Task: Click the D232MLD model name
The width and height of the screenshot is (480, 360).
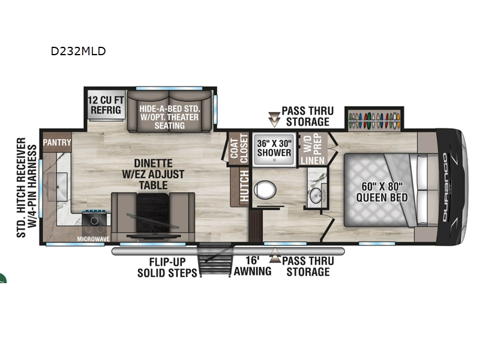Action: pyautogui.click(x=79, y=51)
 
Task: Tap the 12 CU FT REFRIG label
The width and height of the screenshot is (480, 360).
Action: pyautogui.click(x=106, y=104)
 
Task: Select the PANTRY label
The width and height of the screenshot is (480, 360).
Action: pyautogui.click(x=57, y=142)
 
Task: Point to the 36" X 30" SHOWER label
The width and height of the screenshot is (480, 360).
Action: pyautogui.click(x=274, y=148)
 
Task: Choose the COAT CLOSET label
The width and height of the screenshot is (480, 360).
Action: pyautogui.click(x=239, y=149)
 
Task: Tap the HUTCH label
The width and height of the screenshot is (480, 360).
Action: pyautogui.click(x=244, y=186)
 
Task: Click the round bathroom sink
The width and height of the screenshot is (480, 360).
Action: pyautogui.click(x=316, y=196)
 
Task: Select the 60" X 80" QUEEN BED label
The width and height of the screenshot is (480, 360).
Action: pyautogui.click(x=382, y=191)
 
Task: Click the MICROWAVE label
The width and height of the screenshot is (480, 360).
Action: pyautogui.click(x=94, y=239)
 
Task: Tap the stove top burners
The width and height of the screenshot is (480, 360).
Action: pyautogui.click(x=94, y=225)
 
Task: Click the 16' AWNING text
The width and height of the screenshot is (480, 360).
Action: pyautogui.click(x=253, y=266)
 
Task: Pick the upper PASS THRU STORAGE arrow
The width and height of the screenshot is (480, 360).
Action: pyautogui.click(x=274, y=119)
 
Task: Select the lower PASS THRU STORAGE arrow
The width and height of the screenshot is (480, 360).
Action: pyautogui.click(x=275, y=255)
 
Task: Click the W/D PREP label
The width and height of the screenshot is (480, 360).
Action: pyautogui.click(x=313, y=144)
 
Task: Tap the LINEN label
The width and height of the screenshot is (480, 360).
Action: pyautogui.click(x=313, y=160)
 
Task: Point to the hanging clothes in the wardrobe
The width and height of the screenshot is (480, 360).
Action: pyautogui.click(x=374, y=121)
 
